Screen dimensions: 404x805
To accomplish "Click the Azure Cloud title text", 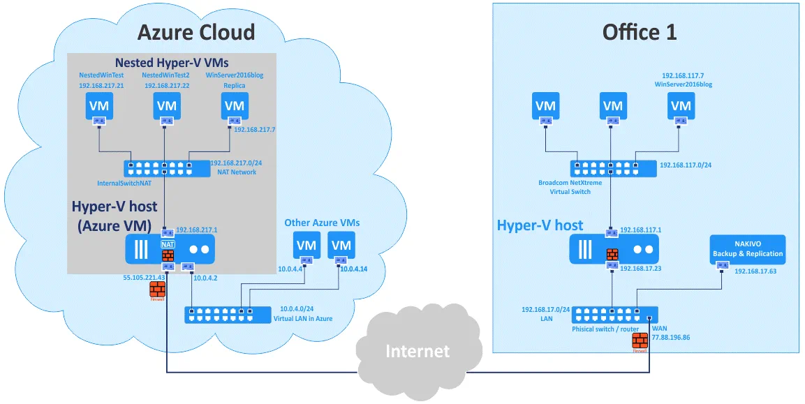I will (195, 32).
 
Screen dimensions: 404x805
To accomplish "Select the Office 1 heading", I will (640, 32).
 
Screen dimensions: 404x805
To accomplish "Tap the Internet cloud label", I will (418, 350).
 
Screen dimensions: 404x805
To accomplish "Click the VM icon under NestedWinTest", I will (99, 106).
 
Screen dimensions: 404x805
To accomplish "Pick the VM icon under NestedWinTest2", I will (167, 106).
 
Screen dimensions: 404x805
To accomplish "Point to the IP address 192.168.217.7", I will (254, 130).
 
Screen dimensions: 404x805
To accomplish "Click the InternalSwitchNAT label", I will (125, 184).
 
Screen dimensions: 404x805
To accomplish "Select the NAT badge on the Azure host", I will (168, 245).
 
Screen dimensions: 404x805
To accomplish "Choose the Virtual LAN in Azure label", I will (302, 318).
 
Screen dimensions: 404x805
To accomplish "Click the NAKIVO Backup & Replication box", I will (747, 249).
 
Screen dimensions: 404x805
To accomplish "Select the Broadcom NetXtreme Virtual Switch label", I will (570, 187).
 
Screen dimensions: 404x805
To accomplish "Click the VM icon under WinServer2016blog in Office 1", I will (680, 106).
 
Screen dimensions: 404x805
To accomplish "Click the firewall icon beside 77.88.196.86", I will (640, 341).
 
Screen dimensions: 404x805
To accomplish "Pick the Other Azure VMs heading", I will (322, 223).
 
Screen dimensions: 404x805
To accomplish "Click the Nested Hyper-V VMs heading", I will (172, 63).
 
